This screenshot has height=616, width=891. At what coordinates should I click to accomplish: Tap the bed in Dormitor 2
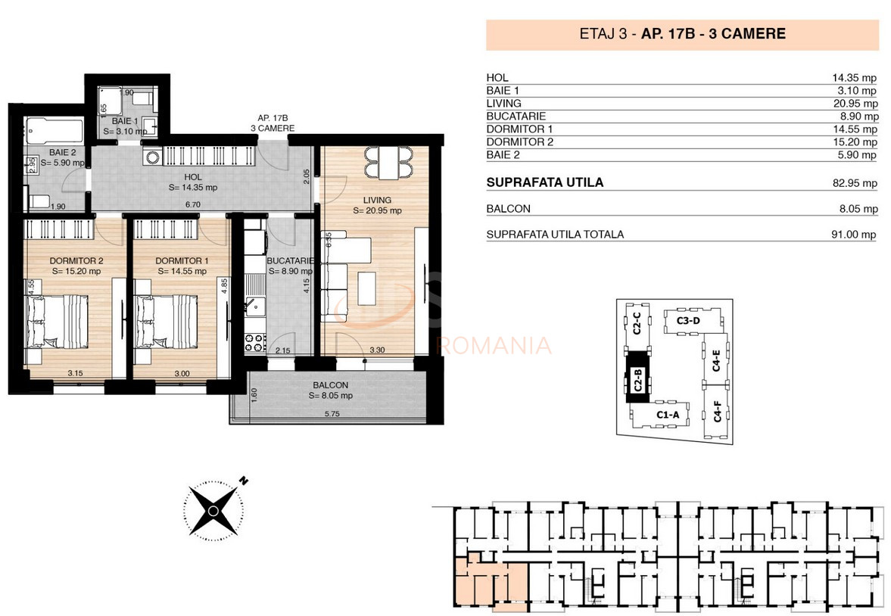[57, 322]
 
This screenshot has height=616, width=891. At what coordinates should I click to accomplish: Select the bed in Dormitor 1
[167, 322]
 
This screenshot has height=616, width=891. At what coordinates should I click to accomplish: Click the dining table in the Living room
[388, 160]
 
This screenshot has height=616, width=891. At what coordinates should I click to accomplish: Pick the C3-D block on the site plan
[687, 321]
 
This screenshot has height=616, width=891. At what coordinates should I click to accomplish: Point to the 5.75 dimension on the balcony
[332, 414]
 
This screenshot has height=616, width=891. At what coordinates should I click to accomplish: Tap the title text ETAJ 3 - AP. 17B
[681, 34]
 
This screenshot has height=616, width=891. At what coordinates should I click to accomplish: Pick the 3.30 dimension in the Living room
[378, 350]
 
